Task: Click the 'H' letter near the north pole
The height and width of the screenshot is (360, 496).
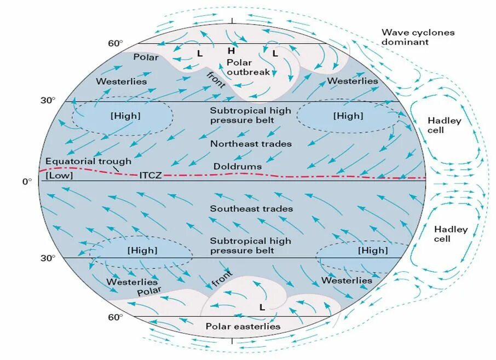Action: tap(232, 51)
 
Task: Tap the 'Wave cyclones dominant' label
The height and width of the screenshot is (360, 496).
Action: tap(418, 37)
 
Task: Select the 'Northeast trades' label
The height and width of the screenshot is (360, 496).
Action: tap(251, 143)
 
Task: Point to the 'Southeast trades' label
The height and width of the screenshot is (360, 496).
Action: tap(251, 208)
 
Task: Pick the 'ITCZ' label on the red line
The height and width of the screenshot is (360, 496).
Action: tap(149, 176)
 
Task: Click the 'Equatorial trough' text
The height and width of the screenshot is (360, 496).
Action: tap(89, 161)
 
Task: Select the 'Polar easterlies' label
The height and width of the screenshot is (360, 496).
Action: tap(243, 326)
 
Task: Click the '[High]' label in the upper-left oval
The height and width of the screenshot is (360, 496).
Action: tap(125, 116)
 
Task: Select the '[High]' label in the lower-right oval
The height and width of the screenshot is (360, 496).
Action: tap(372, 251)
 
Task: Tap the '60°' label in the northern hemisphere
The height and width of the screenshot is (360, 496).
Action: tap(116, 43)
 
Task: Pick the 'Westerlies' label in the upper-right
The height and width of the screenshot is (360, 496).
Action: tap(353, 81)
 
